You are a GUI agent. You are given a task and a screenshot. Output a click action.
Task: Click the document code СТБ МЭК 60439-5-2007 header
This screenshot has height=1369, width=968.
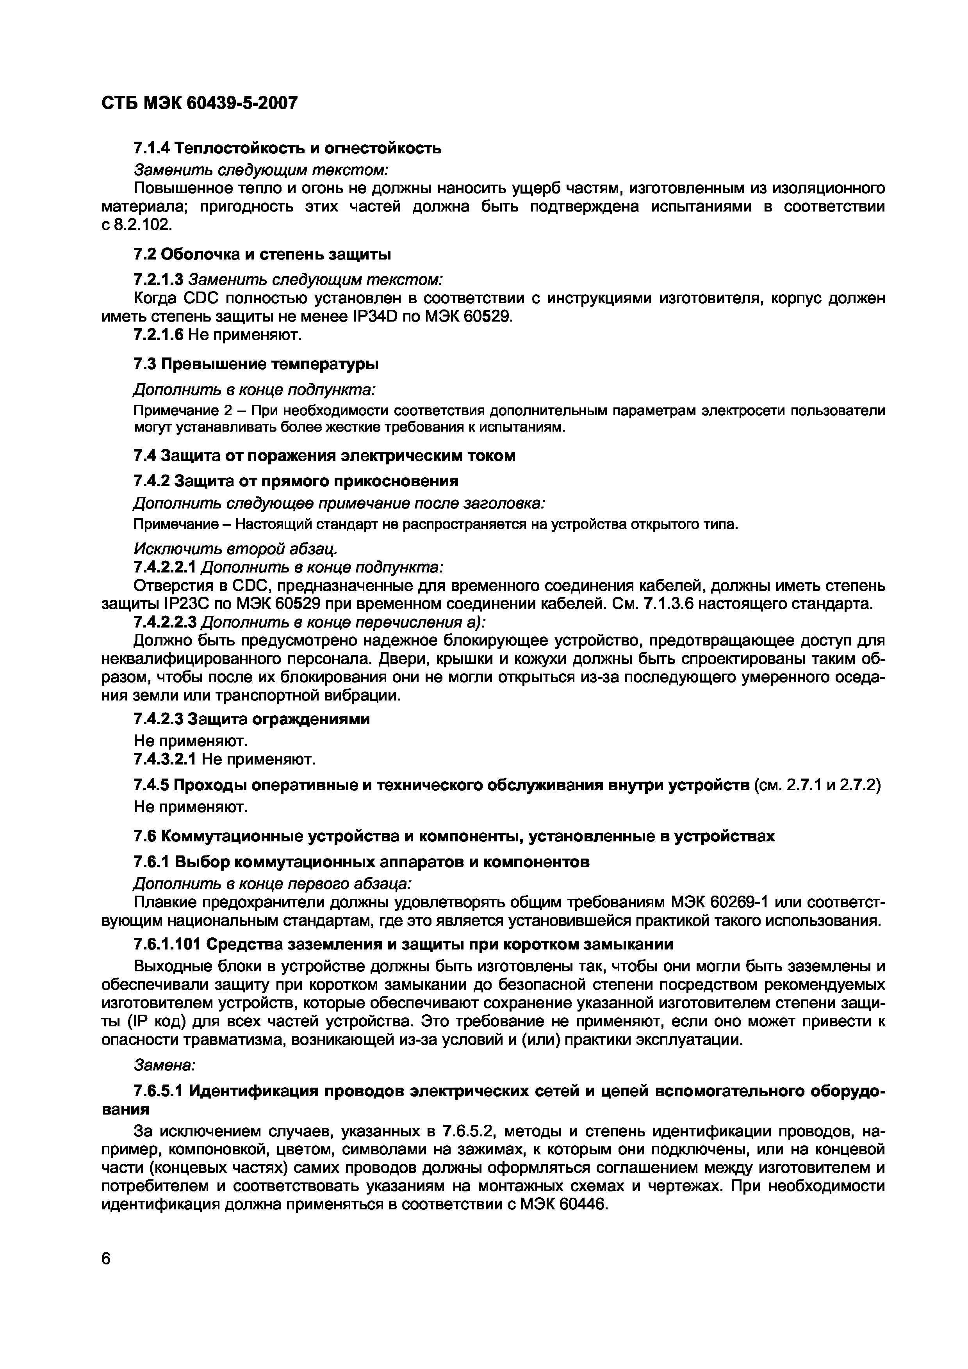tap(199, 104)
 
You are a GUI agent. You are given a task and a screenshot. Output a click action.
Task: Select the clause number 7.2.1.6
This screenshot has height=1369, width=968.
tap(158, 335)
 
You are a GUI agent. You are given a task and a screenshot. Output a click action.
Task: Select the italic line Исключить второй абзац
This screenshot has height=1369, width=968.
tap(235, 548)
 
